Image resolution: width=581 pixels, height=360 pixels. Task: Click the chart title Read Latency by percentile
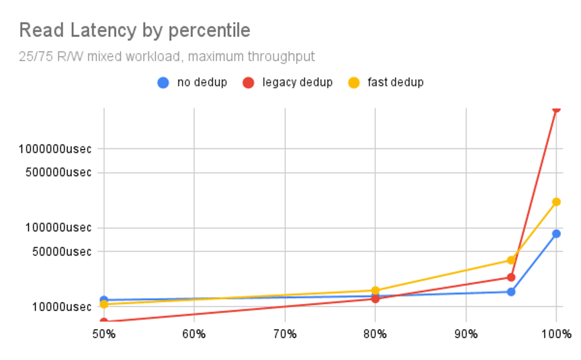coord(134,30)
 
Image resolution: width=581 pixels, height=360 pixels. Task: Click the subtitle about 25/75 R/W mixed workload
coord(167,57)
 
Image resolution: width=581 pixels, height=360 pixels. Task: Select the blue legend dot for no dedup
coord(164,83)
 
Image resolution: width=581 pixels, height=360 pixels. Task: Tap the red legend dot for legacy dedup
coord(249,83)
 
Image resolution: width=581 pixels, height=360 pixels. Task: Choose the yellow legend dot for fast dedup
coord(354,83)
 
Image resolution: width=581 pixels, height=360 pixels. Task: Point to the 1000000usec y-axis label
coord(55,149)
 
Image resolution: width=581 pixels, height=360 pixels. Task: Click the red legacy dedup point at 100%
coord(556,108)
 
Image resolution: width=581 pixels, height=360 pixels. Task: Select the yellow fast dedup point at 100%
coord(556,202)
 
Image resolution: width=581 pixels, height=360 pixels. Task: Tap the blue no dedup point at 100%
coord(556,234)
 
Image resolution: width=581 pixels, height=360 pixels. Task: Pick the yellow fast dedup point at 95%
coord(511,260)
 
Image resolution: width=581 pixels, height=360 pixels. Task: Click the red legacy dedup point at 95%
coord(511,277)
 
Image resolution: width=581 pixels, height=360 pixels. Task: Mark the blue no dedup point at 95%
coord(511,292)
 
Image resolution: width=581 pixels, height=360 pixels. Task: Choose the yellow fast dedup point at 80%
coord(375,290)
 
